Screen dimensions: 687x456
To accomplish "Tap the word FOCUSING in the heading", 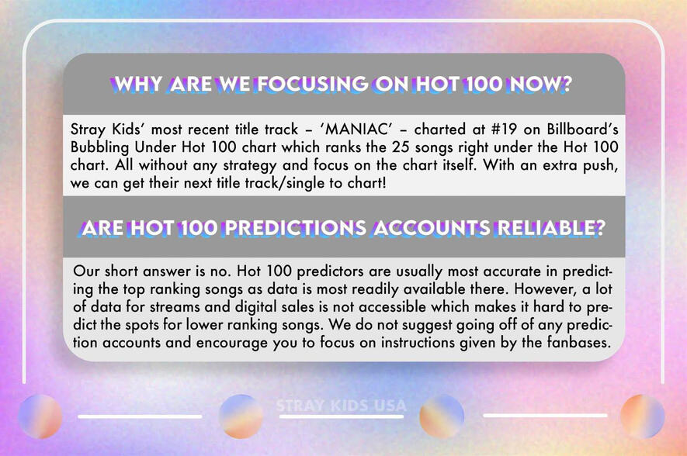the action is point(312,84).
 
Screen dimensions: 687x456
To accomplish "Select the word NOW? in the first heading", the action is point(540,84).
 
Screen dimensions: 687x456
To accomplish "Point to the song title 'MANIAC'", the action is point(354,129).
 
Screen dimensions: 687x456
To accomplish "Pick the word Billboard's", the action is point(583,129).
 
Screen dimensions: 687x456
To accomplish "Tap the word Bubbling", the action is point(99,147).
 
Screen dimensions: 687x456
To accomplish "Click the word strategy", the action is point(250,165).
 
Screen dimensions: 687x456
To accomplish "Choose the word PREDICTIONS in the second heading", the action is point(295,228).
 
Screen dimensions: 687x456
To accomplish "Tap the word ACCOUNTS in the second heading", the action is point(432,228).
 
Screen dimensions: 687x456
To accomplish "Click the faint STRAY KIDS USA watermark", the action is point(342,406).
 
